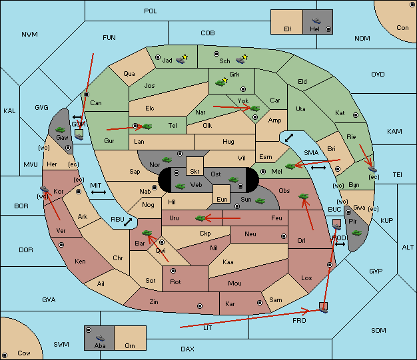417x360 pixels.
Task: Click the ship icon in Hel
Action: click(316, 21)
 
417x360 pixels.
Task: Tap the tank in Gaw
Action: click(61, 130)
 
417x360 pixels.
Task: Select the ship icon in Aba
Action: click(100, 338)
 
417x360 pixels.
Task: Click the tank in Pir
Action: click(356, 233)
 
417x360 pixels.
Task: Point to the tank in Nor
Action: click(167, 160)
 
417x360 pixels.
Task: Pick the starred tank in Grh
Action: click(221, 82)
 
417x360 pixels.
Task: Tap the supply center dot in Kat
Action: click(356, 115)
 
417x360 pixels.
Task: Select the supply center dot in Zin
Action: click(200, 306)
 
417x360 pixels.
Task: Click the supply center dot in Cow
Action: click(5, 355)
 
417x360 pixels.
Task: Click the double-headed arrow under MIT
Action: click(99, 192)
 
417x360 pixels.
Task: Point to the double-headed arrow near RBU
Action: click(128, 222)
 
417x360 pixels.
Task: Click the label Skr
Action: click(195, 172)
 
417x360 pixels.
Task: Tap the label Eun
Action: click(222, 199)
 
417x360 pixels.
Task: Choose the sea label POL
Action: click(151, 11)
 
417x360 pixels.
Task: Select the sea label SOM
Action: click(378, 330)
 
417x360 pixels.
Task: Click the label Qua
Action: click(129, 74)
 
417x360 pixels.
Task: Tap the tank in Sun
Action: click(260, 201)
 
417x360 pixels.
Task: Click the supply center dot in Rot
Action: click(173, 271)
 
